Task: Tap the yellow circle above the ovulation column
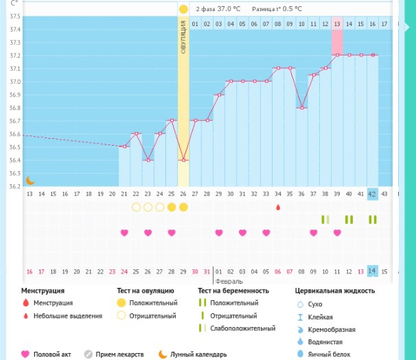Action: tap(183, 10)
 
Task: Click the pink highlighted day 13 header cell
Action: tap(337, 24)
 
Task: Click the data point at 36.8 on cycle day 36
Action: tap(301, 108)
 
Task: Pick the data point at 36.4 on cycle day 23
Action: tap(148, 160)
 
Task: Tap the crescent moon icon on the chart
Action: tap(30, 181)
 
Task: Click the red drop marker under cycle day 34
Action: tap(278, 207)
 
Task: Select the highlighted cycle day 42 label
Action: tap(373, 194)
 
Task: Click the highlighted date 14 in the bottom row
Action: tap(373, 271)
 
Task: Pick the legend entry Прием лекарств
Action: tap(117, 355)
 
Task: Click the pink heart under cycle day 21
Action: tap(124, 233)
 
